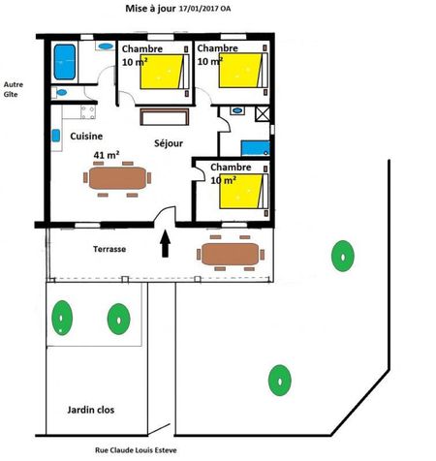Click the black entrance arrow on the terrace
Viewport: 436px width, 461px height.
pos(166,243)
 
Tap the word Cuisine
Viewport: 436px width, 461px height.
pos(86,137)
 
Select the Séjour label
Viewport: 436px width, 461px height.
pos(169,143)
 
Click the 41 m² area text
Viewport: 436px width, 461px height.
pos(107,155)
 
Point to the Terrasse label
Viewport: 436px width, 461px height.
pos(109,249)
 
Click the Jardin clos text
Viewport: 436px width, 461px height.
pos(91,410)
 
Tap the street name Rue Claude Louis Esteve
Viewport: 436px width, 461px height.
pos(136,450)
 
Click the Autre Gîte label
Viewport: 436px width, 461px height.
pos(14,89)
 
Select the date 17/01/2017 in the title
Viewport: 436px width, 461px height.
pos(199,9)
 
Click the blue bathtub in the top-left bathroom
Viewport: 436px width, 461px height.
pos(65,62)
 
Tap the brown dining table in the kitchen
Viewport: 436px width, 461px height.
pos(117,178)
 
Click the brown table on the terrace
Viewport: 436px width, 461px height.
pos(231,254)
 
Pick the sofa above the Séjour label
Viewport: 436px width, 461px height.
pos(165,116)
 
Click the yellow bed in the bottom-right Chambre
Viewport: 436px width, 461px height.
pos(241,192)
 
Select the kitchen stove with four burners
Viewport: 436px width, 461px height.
pos(88,112)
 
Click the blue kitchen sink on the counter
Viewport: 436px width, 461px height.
pos(56,136)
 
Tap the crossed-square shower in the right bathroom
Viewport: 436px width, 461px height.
pos(263,114)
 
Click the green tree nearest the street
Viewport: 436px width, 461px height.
pos(280,381)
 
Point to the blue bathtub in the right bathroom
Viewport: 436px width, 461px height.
pos(256,148)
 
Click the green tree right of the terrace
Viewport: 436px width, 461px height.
pos(343,256)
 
